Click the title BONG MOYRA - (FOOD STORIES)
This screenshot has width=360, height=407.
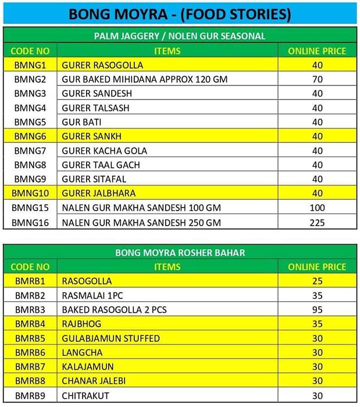pyautogui.click(x=180, y=13)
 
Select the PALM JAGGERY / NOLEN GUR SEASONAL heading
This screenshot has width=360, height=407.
pyautogui.click(x=180, y=36)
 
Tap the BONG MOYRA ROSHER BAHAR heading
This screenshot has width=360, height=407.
pyautogui.click(x=180, y=253)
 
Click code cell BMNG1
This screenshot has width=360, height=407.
pyautogui.click(x=30, y=65)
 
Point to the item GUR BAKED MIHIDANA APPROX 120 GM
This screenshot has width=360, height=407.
pyautogui.click(x=145, y=79)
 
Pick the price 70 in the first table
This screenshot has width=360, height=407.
pyautogui.click(x=317, y=79)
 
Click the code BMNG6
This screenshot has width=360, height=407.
pyautogui.click(x=30, y=136)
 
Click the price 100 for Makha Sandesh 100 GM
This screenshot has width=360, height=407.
pyautogui.click(x=317, y=208)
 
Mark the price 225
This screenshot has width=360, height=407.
pyautogui.click(x=317, y=222)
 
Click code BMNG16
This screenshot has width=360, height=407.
pyautogui.click(x=30, y=222)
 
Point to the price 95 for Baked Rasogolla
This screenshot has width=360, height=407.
pyautogui.click(x=317, y=310)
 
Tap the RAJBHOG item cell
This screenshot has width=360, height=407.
pyautogui.click(x=81, y=324)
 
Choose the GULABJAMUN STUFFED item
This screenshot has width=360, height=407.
pyautogui.click(x=111, y=338)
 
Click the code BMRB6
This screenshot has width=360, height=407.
pyautogui.click(x=30, y=352)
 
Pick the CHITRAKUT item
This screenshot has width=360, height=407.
pyautogui.click(x=85, y=395)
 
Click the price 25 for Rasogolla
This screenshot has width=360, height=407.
pyautogui.click(x=317, y=281)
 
